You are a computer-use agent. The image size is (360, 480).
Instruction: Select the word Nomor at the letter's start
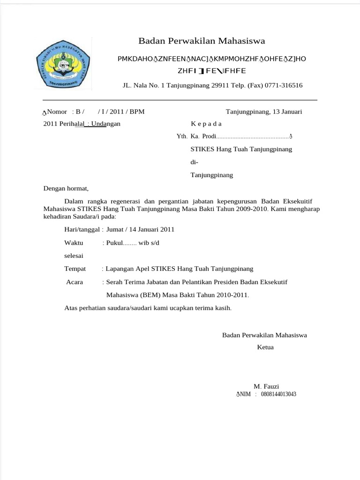[x=57, y=112]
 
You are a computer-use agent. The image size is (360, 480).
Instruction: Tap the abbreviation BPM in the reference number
[x=137, y=112]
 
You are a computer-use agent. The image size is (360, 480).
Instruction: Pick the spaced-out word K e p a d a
[x=206, y=124]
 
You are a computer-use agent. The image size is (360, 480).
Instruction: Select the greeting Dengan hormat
[x=66, y=188]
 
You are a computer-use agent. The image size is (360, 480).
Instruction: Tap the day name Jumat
[x=115, y=229]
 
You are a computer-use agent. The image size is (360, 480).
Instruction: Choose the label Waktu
[x=74, y=243]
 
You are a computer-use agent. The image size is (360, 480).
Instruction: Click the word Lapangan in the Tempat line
[x=120, y=269]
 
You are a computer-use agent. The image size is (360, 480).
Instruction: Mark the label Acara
[x=75, y=282]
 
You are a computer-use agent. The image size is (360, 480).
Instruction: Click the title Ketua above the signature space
[x=265, y=347]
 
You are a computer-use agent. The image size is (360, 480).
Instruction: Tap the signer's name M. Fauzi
[x=266, y=386]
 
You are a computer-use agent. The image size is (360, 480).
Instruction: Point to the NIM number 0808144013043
[x=278, y=394]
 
